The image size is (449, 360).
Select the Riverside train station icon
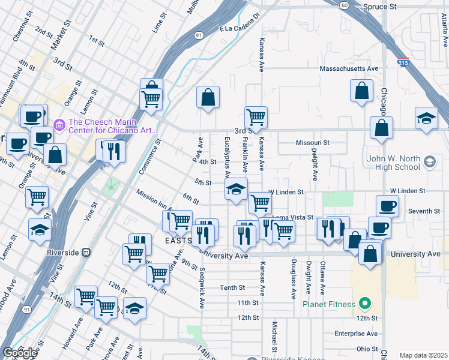[x=86, y=253]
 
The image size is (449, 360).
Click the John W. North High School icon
[x=430, y=161]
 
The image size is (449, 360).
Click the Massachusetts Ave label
[x=349, y=69]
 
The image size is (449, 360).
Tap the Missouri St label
[x=312, y=143]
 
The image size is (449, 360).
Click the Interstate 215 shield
[x=403, y=62]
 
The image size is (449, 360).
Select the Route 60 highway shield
[x=343, y=5]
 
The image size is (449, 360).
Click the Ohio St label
[x=366, y=349]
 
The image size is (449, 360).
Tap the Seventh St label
[x=424, y=211]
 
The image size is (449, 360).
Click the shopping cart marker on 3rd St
[x=256, y=117]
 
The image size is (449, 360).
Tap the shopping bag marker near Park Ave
[x=208, y=97]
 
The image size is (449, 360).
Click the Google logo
[x=19, y=353]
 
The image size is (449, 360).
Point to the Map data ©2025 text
[x=423, y=355]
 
